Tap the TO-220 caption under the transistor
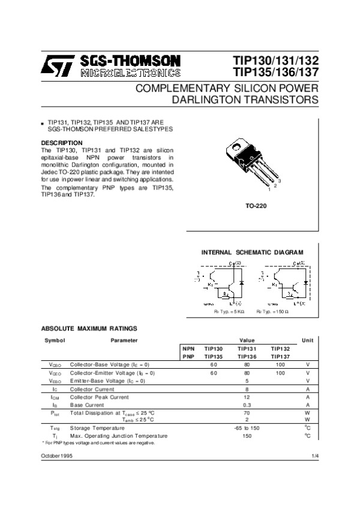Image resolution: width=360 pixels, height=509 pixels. coord(256,206)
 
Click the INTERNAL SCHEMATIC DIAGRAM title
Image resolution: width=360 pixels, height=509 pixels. coord(252,252)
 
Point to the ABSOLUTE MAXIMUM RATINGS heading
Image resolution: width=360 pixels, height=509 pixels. coord(89,328)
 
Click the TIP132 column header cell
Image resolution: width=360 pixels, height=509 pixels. coord(280,348)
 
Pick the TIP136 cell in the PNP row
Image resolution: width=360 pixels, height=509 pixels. coord(247,356)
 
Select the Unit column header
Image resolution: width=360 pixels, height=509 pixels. coord(307,341)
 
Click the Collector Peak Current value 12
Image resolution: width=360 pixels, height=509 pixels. coord(247,397)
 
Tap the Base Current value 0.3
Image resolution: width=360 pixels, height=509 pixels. coord(247,405)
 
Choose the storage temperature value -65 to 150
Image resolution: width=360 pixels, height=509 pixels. coord(247,427)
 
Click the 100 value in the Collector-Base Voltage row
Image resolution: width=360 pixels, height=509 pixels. coord(280,365)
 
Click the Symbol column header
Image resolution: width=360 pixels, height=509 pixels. coord(55,341)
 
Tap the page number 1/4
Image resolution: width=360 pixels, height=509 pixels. coord(315,457)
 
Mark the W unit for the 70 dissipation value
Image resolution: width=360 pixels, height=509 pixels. coord(307,412)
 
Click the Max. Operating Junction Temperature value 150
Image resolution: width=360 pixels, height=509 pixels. coord(247,435)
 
